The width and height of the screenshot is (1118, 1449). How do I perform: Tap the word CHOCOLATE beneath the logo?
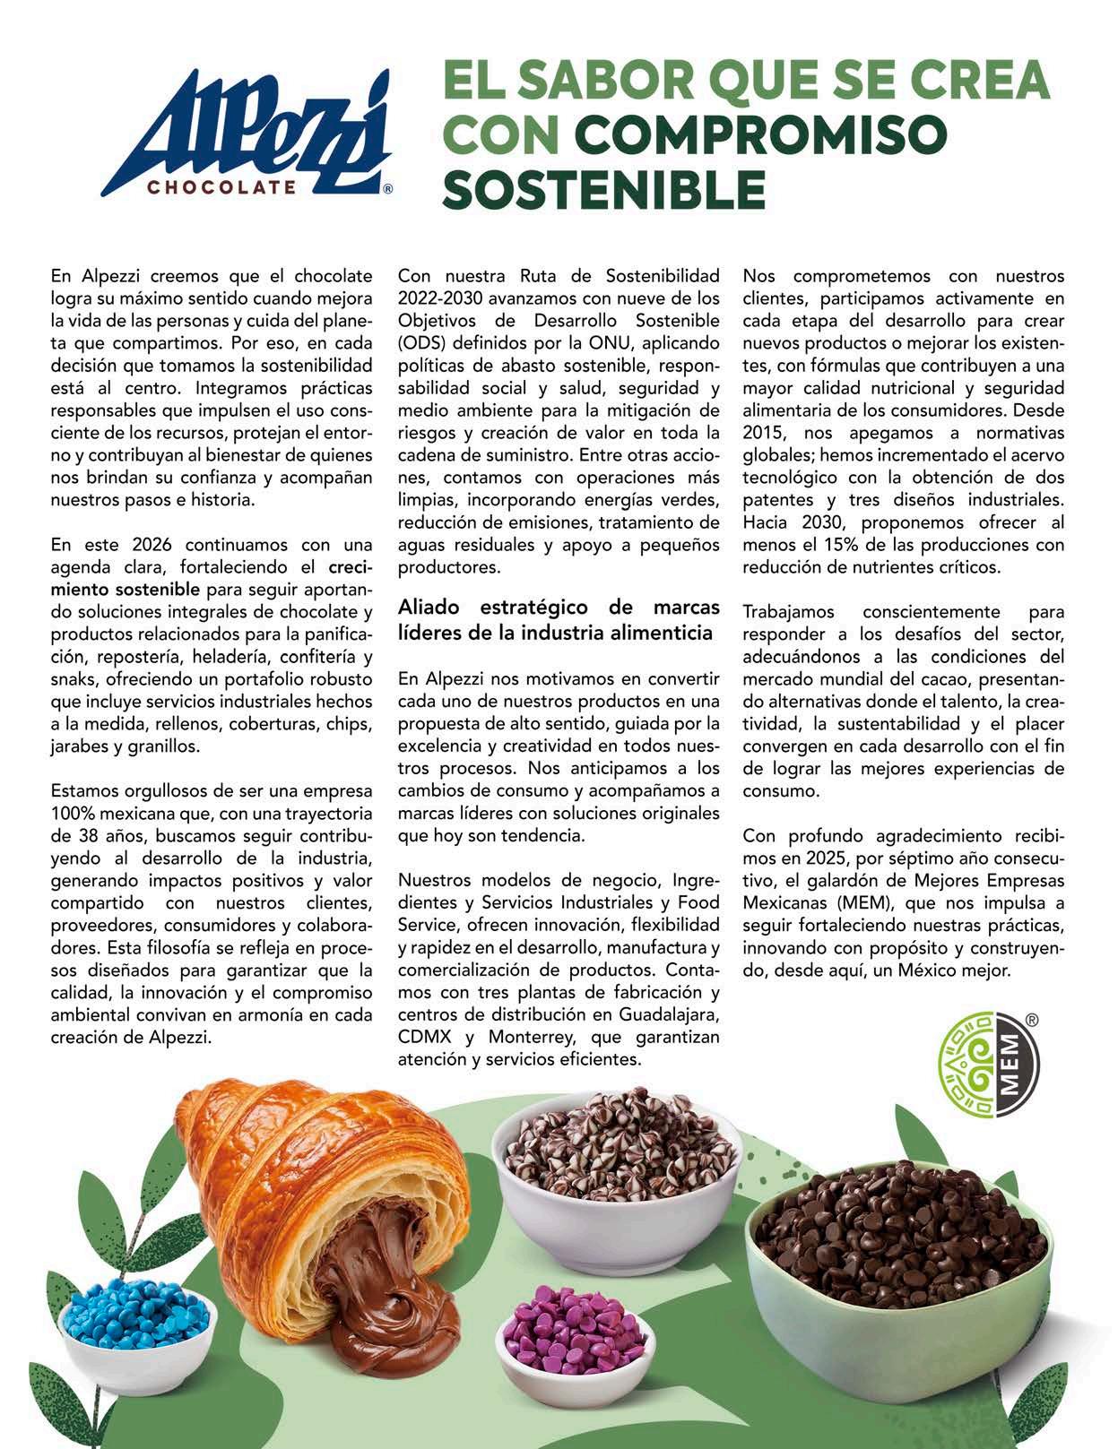click(x=221, y=188)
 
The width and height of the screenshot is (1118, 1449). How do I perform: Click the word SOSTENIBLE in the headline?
click(x=605, y=188)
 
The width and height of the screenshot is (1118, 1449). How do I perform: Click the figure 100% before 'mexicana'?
click(x=72, y=815)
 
